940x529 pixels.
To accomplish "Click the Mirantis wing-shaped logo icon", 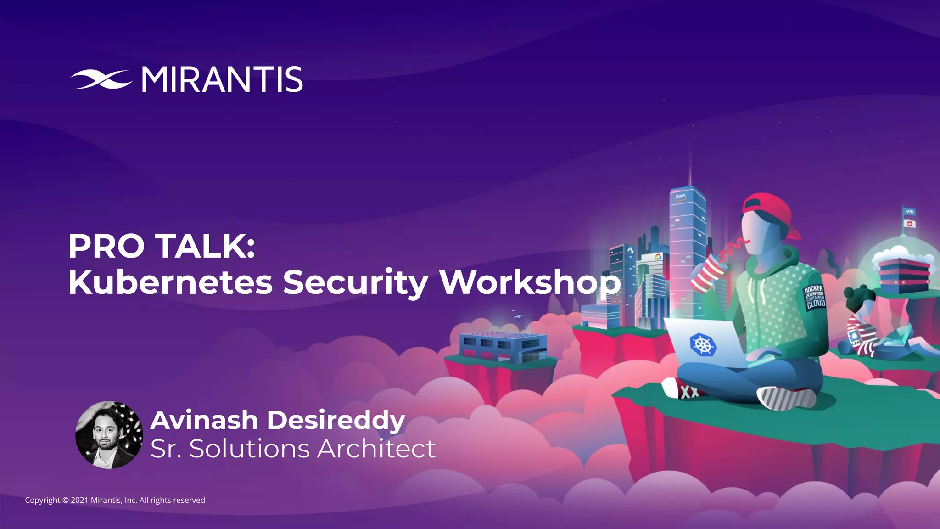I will tap(101, 79).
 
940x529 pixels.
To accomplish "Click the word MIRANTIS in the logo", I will tap(222, 80).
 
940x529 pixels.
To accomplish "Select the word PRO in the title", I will tap(106, 247).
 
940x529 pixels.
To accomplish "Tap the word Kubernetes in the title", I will tap(170, 282).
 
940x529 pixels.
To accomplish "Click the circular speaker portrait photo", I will tap(109, 435).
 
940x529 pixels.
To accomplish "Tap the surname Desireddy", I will tap(336, 420).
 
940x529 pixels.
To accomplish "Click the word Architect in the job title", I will tap(376, 449).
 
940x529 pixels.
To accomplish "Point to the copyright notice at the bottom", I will tap(115, 500).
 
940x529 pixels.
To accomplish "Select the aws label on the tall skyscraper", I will tap(680, 197).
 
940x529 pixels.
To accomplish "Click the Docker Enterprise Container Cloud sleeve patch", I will tap(814, 297).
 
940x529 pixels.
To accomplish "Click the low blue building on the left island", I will tap(503, 347).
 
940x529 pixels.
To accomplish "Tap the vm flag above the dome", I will tap(909, 212).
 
